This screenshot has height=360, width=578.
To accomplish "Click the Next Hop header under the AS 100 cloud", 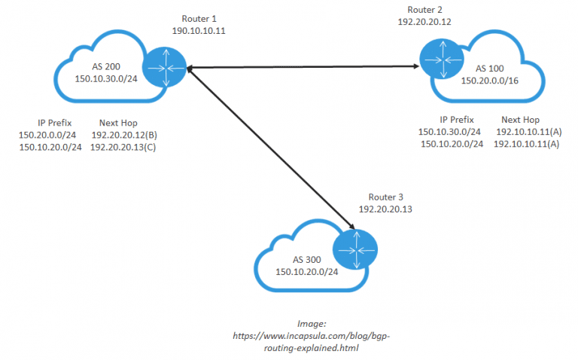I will pyautogui.click(x=521, y=119).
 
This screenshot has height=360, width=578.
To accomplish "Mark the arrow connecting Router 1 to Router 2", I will pyautogui.click(x=301, y=68).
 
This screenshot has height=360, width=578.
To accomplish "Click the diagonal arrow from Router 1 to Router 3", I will pyautogui.click(x=271, y=147).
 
